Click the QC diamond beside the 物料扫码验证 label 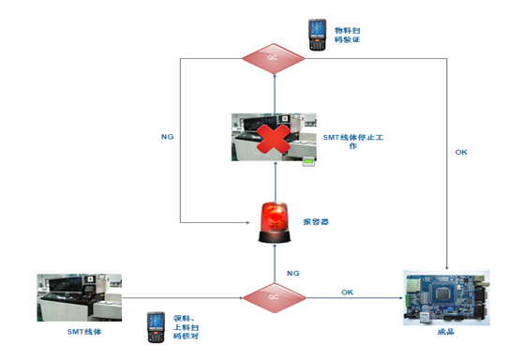coord(274,58)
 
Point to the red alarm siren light coord(274,221)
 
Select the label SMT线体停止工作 coord(358,139)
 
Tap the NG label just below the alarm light coord(291,272)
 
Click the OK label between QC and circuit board coord(348,292)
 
